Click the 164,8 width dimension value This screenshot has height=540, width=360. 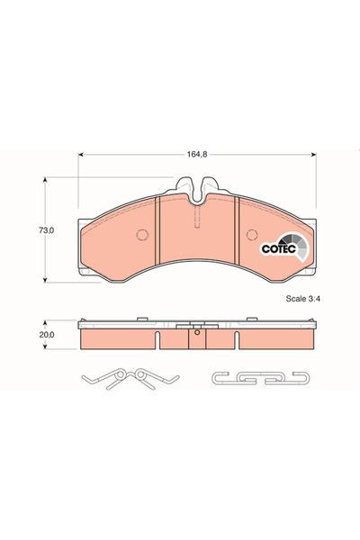pyautogui.click(x=197, y=154)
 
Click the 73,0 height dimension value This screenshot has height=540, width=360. pyautogui.click(x=46, y=230)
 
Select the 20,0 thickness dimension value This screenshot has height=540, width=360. pyautogui.click(x=47, y=335)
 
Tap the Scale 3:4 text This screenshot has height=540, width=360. pyautogui.click(x=302, y=299)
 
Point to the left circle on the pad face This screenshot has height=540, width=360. pyautogui.click(x=142, y=235)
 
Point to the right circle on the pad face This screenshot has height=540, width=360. pyautogui.click(x=252, y=235)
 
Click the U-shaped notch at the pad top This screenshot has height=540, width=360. pyautogui.click(x=197, y=191)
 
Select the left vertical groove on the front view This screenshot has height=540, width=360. pyautogui.click(x=157, y=230)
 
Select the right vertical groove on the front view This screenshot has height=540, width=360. pyautogui.click(x=237, y=230)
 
